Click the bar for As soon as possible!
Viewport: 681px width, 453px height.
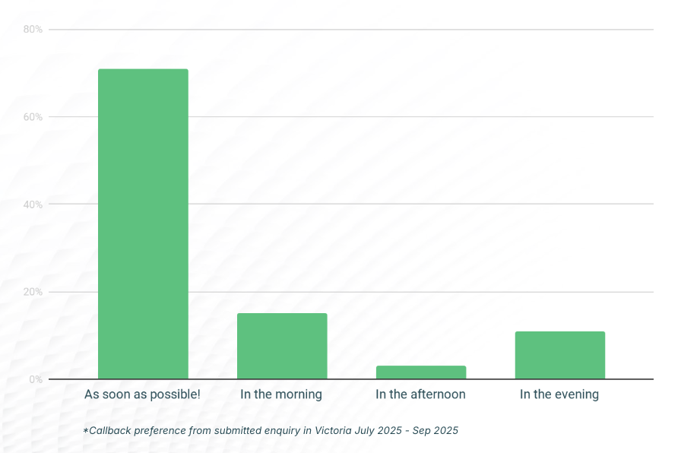(x=143, y=224)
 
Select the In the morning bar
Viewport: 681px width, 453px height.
(x=282, y=346)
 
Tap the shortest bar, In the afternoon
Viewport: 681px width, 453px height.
(x=421, y=372)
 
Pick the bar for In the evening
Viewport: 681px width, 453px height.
(x=560, y=355)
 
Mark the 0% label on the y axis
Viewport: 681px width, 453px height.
(x=35, y=379)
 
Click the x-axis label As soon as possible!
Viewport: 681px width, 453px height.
(x=142, y=394)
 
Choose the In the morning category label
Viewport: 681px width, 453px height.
(x=281, y=394)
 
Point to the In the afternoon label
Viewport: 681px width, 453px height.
(x=420, y=394)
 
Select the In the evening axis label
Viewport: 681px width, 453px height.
(x=559, y=394)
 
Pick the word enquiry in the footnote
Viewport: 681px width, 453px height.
(x=282, y=430)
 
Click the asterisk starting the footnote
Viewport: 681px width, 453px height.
(x=86, y=429)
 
